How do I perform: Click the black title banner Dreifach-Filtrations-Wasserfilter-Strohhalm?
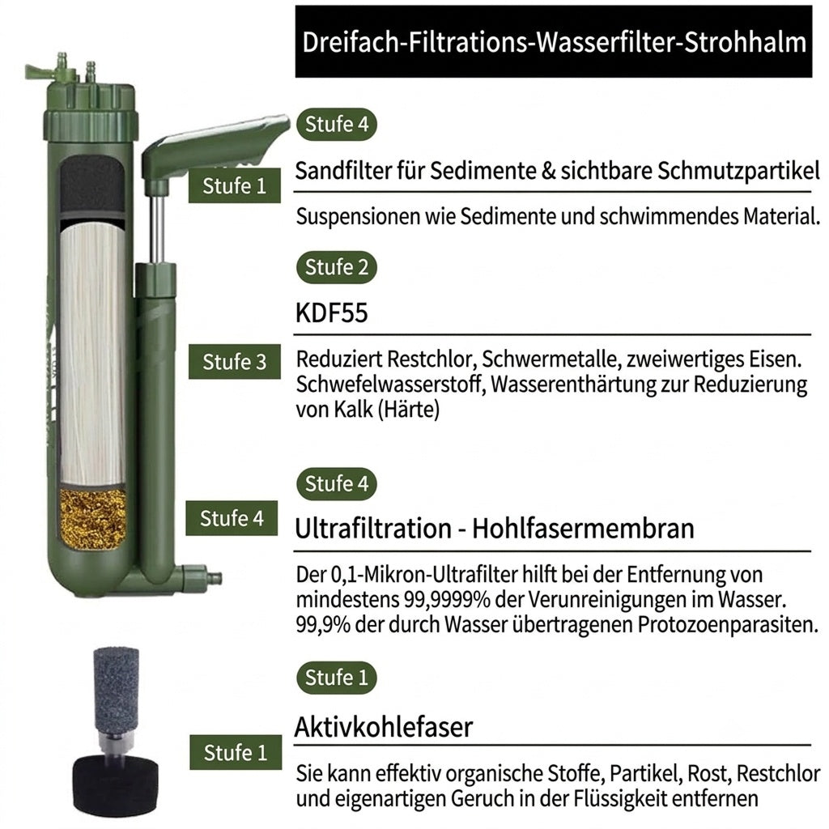(554, 42)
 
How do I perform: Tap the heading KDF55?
(331, 312)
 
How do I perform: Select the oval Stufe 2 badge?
(336, 267)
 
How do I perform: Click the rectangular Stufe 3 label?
(234, 362)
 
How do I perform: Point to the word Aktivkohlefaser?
(383, 726)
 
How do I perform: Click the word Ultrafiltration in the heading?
(373, 528)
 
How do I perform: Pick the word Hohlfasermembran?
(583, 528)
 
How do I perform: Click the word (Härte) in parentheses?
(408, 410)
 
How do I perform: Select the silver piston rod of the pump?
(155, 227)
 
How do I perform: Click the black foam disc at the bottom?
(115, 785)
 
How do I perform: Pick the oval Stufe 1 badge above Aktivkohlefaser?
(336, 678)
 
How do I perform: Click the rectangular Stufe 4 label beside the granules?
(232, 518)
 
